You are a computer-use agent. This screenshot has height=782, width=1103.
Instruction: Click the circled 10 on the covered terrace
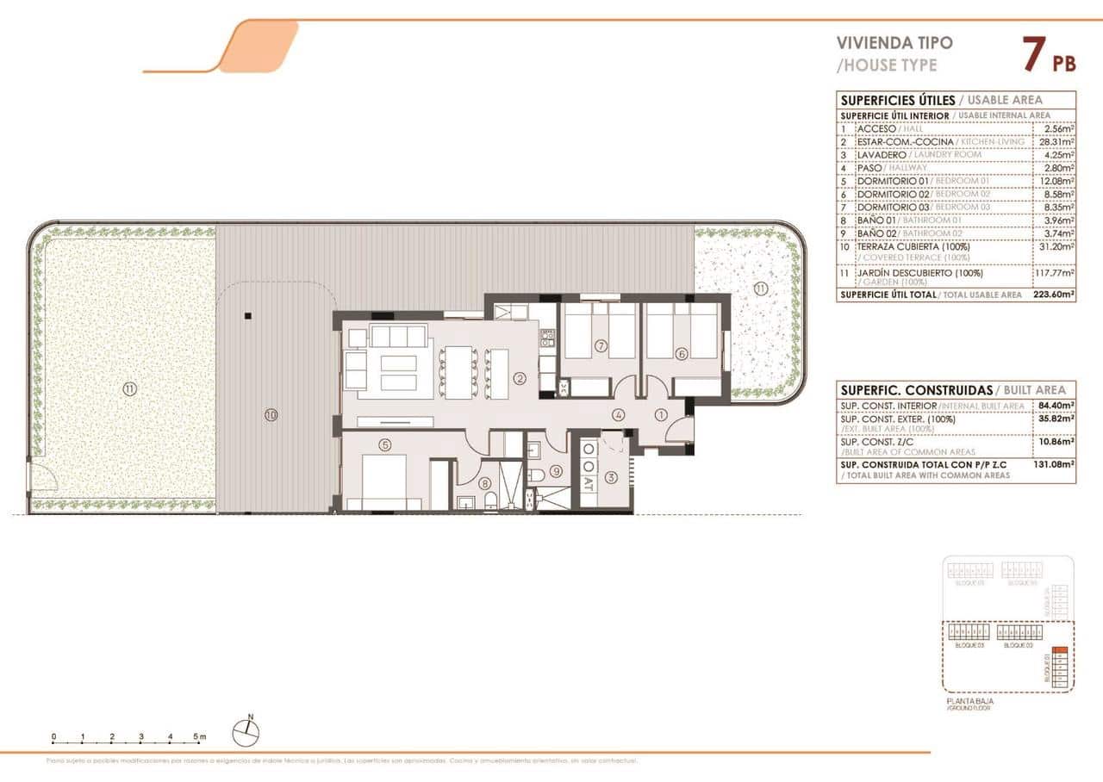coord(271,415)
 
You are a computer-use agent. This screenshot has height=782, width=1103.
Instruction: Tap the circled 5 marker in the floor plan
coord(384,444)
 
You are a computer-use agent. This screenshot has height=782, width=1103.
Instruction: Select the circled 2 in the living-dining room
coord(519,377)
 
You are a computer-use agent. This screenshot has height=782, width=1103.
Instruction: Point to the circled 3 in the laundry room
coord(611,477)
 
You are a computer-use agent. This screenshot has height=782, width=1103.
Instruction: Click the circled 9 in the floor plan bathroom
coord(556,471)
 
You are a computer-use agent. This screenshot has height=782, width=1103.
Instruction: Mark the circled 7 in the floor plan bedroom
coord(601,347)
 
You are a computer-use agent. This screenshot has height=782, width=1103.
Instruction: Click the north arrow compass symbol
coord(246,731)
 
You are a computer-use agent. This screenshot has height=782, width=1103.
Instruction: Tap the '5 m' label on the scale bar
coord(200,737)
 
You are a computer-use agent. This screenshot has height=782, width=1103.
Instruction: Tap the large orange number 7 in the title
coord(1033,55)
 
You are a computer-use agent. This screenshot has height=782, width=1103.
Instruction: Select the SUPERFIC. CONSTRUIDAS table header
coord(915,389)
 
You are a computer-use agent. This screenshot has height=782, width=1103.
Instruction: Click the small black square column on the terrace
coord(247,316)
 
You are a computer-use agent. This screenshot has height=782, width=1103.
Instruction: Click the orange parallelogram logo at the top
coord(259,47)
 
